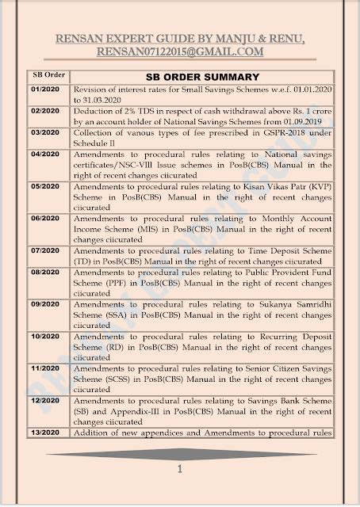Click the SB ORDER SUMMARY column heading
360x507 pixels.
pyautogui.click(x=203, y=77)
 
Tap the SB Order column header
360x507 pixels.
pyautogui.click(x=48, y=74)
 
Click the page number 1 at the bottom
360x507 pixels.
pyautogui.click(x=181, y=470)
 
